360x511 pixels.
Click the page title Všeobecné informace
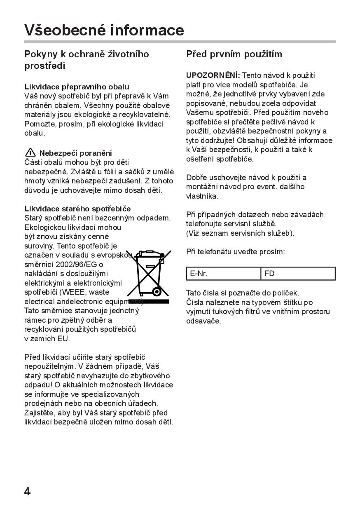pyautogui.click(x=104, y=30)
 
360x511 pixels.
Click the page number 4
pyautogui.click(x=27, y=491)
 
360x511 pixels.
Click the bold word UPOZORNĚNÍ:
pyautogui.click(x=213, y=75)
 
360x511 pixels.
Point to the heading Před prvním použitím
pyautogui.click(x=234, y=54)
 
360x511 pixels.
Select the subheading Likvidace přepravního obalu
pyautogui.click(x=77, y=87)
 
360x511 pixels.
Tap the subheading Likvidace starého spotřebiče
pyautogui.click(x=77, y=209)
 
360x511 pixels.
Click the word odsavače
pyautogui.click(x=203, y=321)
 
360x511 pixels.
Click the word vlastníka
pyautogui.click(x=202, y=196)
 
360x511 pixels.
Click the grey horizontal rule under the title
pyautogui.click(x=180, y=42)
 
